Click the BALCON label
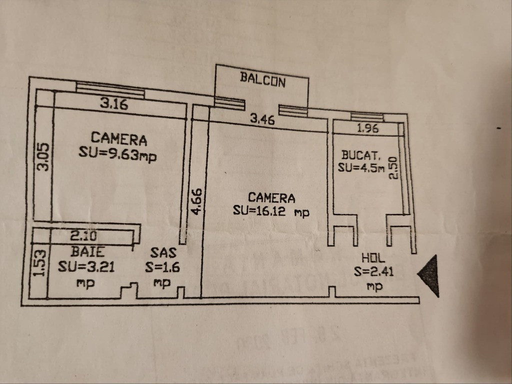click(x=262, y=79)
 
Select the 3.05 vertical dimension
click(x=44, y=157)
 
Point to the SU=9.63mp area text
click(x=117, y=153)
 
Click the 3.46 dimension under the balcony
click(x=262, y=119)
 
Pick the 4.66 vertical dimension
click(x=197, y=201)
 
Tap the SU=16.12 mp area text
click(x=271, y=211)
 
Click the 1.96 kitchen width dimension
click(x=368, y=128)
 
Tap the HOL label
click(x=372, y=259)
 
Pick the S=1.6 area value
click(x=162, y=267)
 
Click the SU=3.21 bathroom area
click(x=86, y=266)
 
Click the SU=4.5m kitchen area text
click(x=361, y=167)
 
